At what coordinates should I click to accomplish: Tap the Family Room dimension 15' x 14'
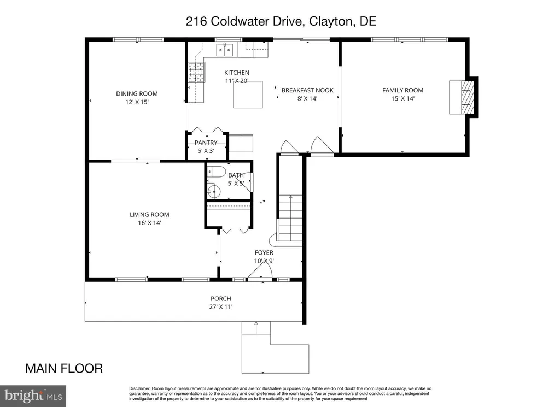tap(402, 99)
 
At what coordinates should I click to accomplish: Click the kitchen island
tap(248, 96)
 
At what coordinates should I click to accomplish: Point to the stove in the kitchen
tap(196, 73)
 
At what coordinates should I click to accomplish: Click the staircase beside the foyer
tap(290, 219)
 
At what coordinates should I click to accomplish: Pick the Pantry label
tap(206, 143)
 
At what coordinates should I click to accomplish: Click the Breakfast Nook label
tap(307, 91)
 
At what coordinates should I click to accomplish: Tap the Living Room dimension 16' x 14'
tap(149, 223)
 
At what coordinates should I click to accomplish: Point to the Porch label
tap(221, 299)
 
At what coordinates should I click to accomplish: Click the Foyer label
tap(264, 252)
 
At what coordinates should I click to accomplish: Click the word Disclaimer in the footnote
tap(140, 388)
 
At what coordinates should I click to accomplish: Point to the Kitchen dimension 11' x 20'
tap(236, 81)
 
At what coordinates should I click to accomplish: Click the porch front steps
tap(256, 328)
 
